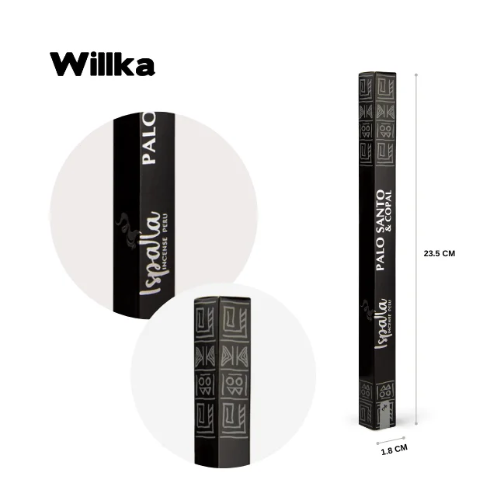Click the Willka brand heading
[x=103, y=65]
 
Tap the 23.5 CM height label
[x=439, y=253]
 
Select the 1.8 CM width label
[x=395, y=450]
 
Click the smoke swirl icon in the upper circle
[x=124, y=225]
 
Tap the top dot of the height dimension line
[x=417, y=75]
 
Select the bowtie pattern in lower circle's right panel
[x=233, y=353]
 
